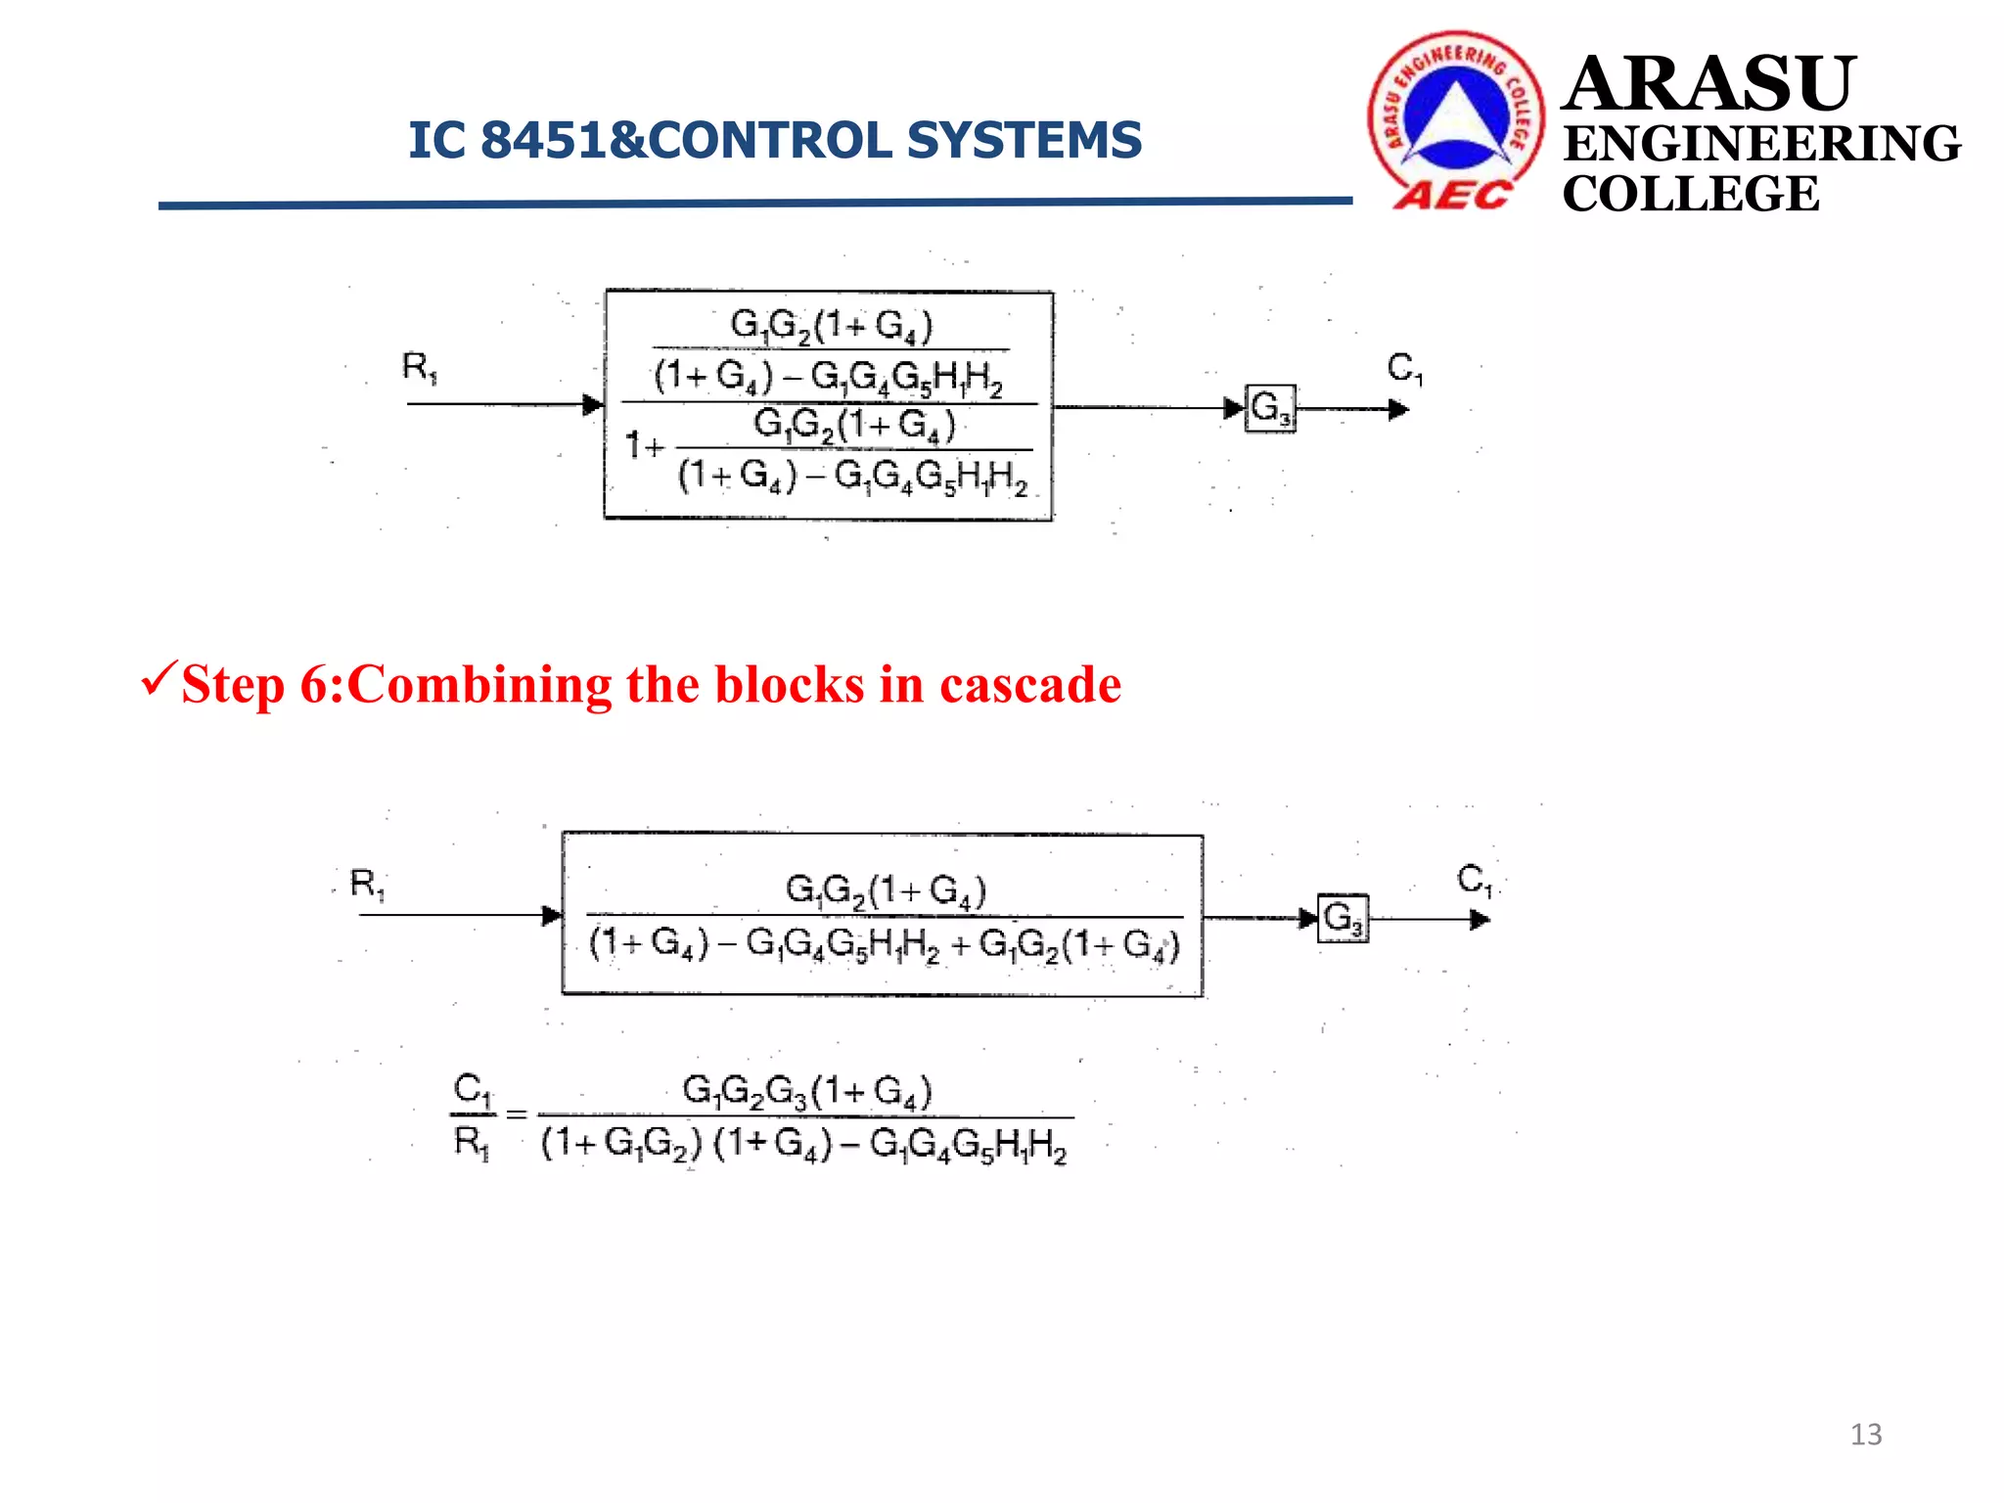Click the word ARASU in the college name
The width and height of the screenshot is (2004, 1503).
point(1708,84)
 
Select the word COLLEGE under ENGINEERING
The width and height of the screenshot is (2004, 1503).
point(1690,194)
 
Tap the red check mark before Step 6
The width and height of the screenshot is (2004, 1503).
point(159,677)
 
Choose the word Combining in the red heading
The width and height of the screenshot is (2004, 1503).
point(479,686)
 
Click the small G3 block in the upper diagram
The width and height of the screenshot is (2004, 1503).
point(1271,408)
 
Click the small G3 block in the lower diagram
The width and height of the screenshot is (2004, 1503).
point(1343,919)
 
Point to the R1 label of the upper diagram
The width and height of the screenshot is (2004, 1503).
point(420,368)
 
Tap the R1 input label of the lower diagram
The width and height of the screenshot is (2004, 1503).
point(368,885)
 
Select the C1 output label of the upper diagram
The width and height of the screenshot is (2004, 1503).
point(1404,369)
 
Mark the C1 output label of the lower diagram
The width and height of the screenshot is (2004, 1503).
point(1475,880)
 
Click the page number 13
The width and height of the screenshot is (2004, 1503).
point(1865,1435)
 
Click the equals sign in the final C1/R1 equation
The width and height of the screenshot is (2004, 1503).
point(517,1115)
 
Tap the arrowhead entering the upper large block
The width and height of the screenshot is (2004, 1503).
point(593,404)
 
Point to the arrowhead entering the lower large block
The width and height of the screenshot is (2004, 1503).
point(552,916)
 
